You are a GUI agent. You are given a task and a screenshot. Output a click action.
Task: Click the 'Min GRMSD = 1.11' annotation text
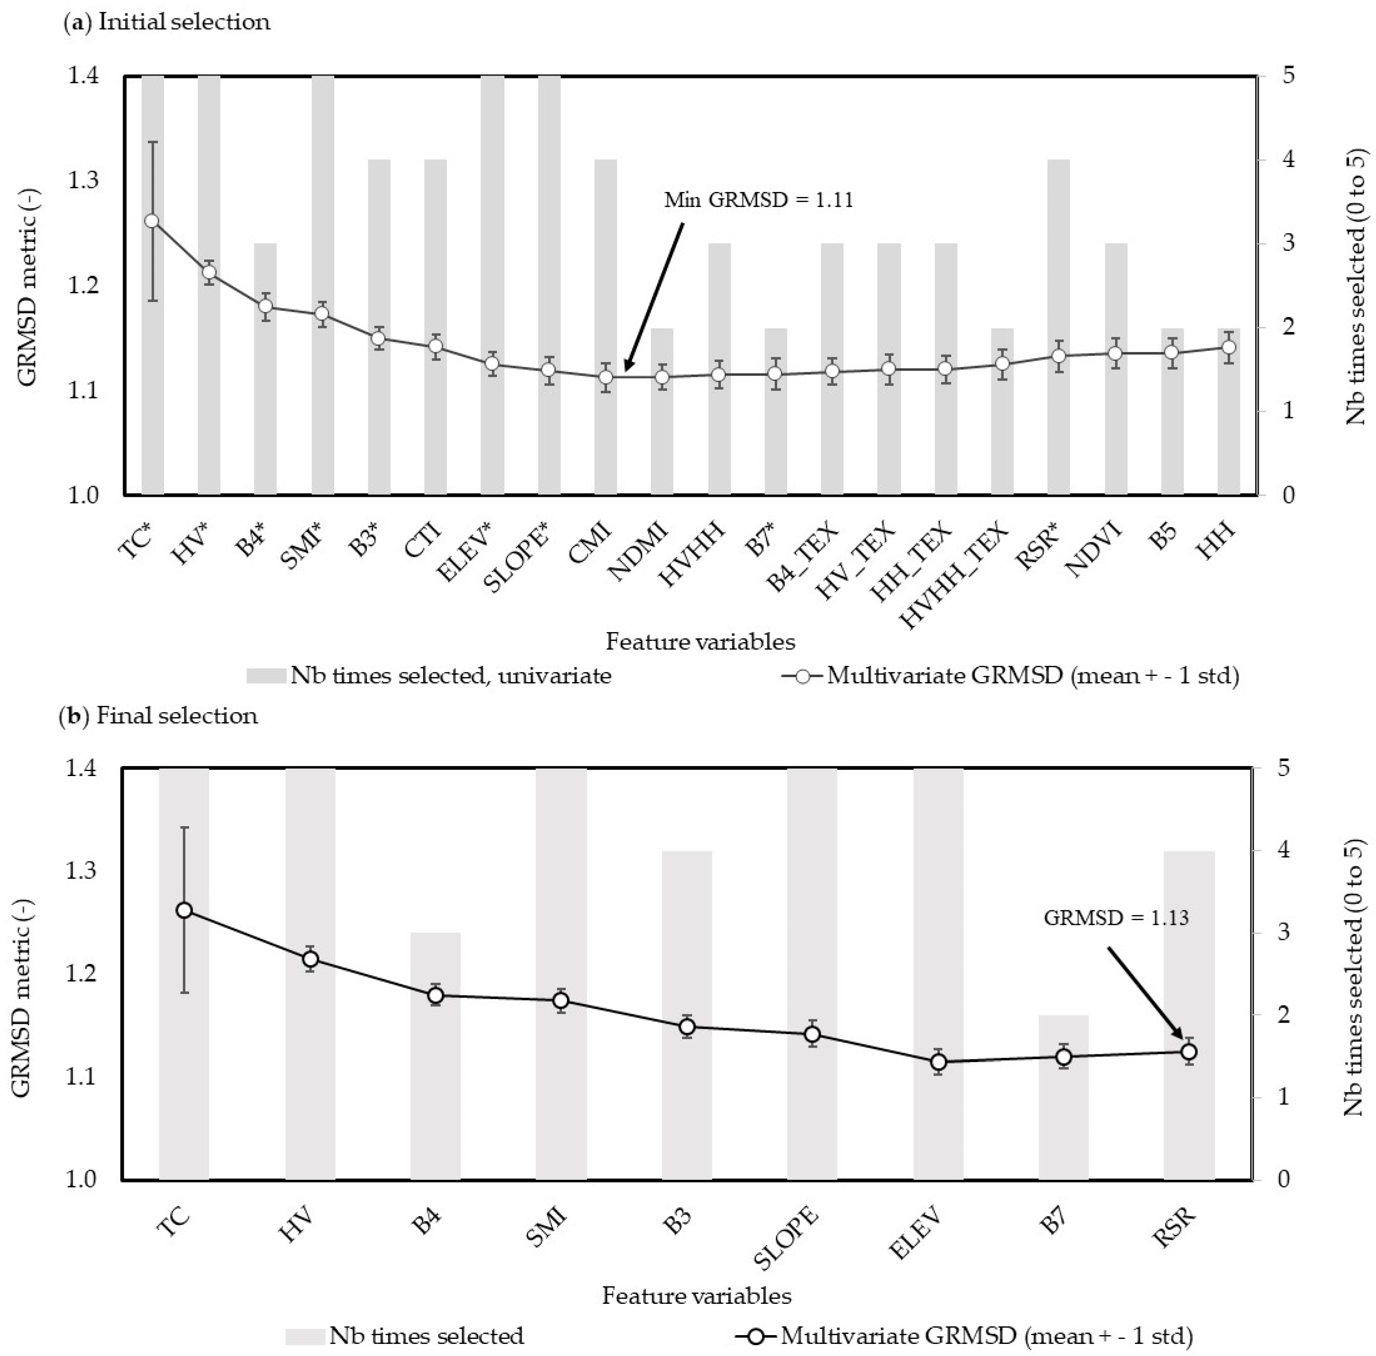759,200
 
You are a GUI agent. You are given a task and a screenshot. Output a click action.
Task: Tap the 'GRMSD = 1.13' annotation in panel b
1116,917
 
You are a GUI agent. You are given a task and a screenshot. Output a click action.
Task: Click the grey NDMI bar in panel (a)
662,441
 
